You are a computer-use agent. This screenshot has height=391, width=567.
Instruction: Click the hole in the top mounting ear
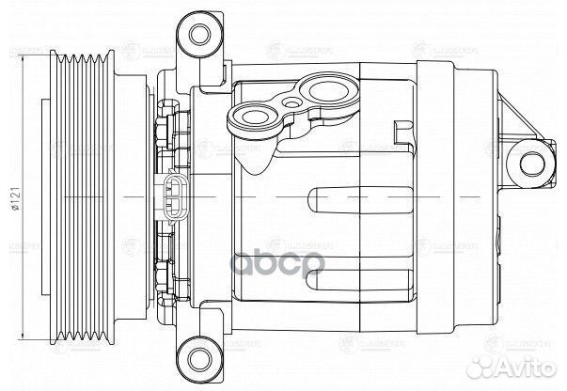198,33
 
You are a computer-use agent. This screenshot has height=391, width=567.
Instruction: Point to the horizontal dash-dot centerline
282,198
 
